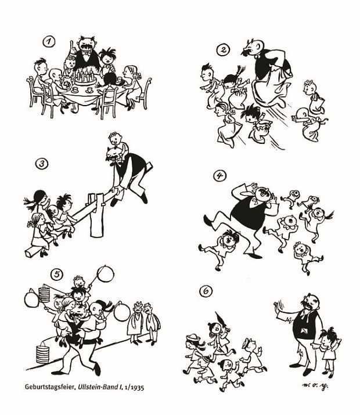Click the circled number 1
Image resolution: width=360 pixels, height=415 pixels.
pyautogui.click(x=49, y=41)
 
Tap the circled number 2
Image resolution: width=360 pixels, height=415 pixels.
pyautogui.click(x=223, y=50)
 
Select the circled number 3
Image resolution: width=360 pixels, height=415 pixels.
pyautogui.click(x=42, y=164)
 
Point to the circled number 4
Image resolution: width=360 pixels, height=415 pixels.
pyautogui.click(x=219, y=175)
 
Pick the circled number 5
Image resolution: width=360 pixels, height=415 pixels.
pyautogui.click(x=57, y=275)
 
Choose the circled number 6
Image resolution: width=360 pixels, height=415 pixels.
pyautogui.click(x=206, y=291)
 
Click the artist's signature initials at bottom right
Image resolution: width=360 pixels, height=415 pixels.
pyautogui.click(x=315, y=385)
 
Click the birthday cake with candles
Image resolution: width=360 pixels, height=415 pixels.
pyautogui.click(x=85, y=77)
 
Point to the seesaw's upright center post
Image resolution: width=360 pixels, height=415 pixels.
pyautogui.click(x=96, y=215)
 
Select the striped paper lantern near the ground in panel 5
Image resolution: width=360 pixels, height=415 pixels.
pyautogui.click(x=42, y=354)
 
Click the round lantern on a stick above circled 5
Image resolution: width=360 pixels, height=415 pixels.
pyautogui.click(x=105, y=274)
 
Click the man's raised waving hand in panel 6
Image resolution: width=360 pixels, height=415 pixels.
pyautogui.click(x=279, y=309)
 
